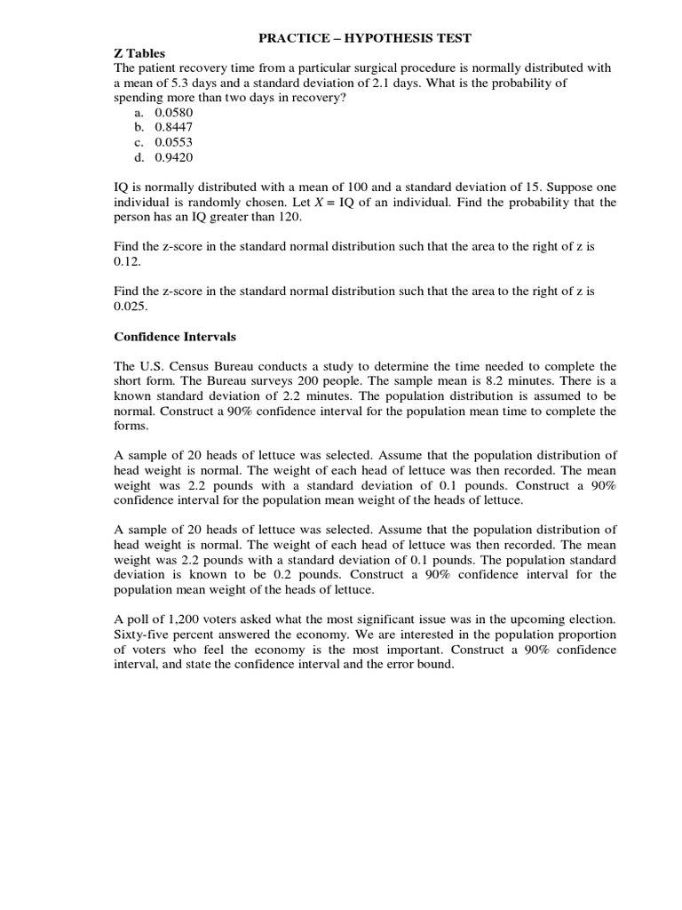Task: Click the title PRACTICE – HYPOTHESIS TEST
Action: tap(364, 37)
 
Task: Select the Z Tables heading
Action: tap(140, 53)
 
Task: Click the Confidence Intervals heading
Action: tap(174, 337)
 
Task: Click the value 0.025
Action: tap(131, 307)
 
